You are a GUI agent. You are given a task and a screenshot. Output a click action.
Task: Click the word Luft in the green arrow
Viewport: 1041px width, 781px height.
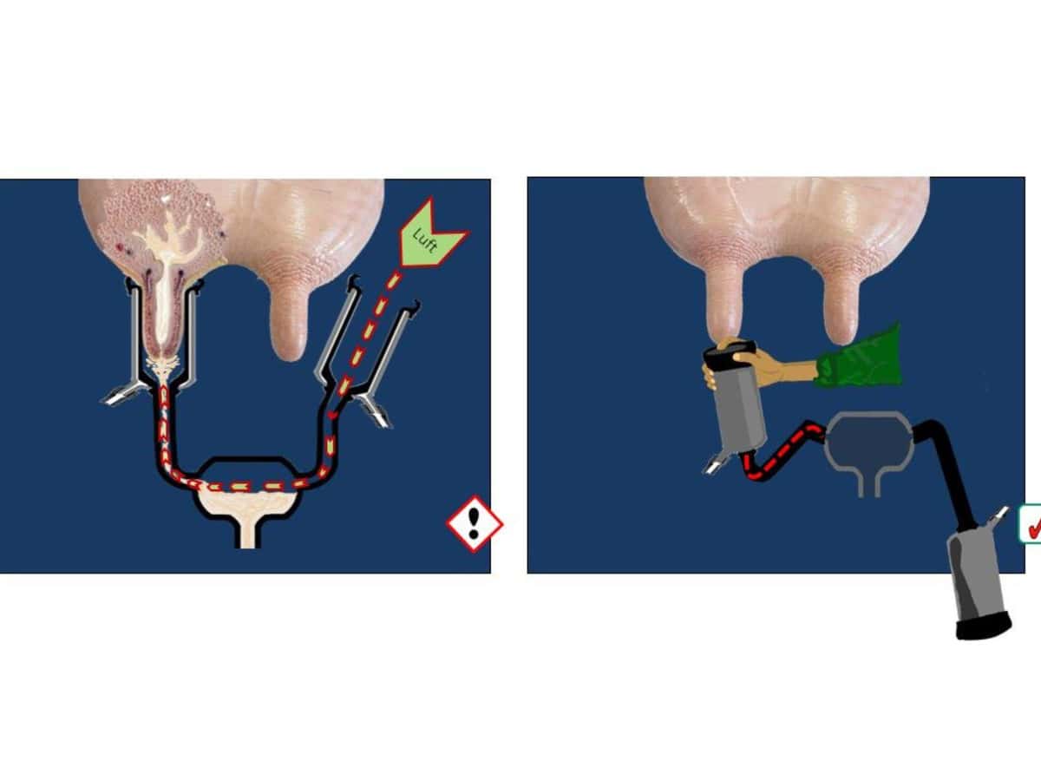tap(425, 241)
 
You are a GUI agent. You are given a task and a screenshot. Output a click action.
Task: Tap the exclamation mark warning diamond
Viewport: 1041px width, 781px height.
tap(475, 524)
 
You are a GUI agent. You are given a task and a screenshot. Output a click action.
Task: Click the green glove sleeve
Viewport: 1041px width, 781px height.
tap(860, 357)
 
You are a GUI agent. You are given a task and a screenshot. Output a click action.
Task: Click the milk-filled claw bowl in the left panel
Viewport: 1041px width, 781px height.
tap(247, 503)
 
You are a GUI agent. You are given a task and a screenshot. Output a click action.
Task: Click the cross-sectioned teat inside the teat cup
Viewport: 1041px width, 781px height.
tap(164, 323)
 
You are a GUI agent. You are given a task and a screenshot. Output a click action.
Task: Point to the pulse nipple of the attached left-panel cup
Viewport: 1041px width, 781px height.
tap(119, 395)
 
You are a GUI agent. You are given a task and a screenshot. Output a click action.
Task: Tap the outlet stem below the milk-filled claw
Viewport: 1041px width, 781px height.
tap(247, 535)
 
